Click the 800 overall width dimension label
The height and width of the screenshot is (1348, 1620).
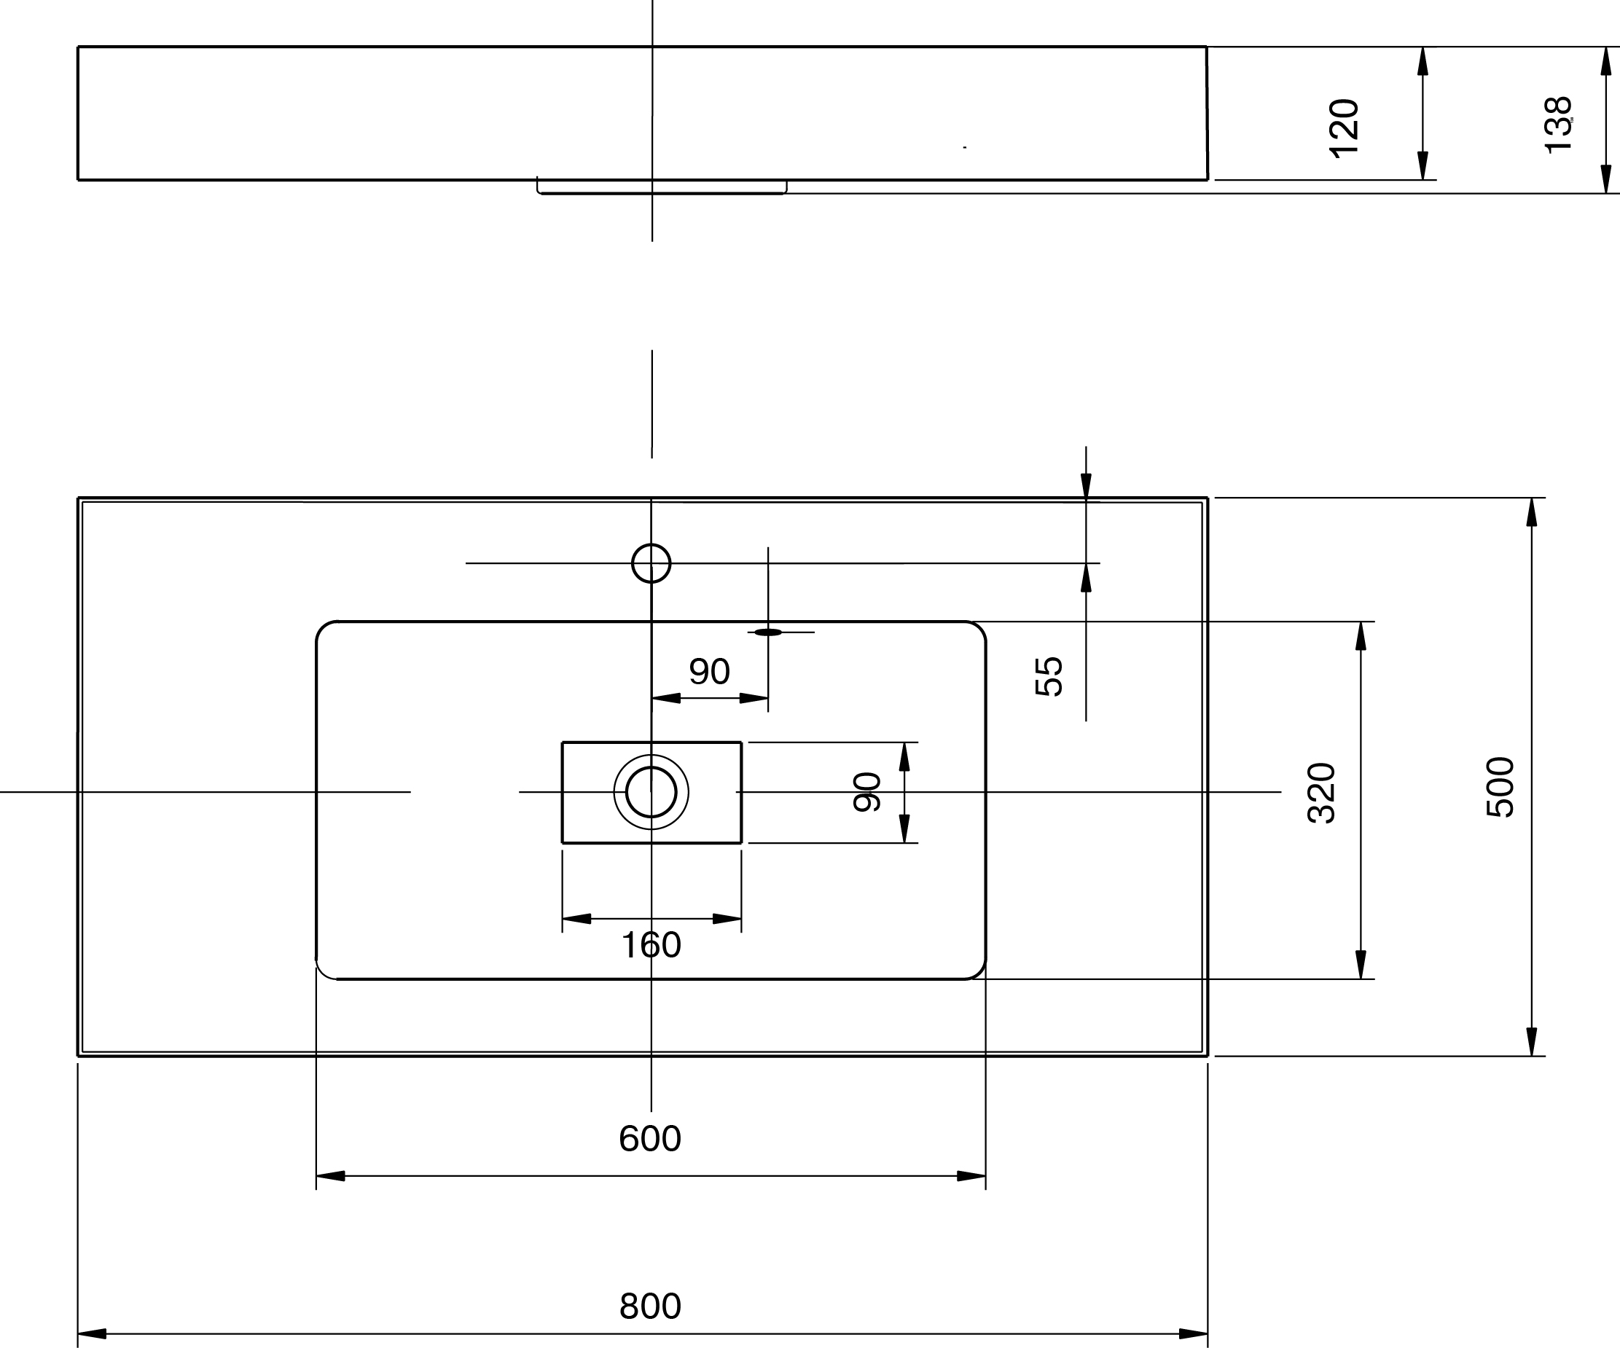(x=649, y=1306)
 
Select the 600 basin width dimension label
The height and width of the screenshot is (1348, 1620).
(x=649, y=1138)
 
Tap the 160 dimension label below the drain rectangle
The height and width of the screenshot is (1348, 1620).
(x=651, y=944)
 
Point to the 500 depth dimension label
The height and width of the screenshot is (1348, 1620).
(x=1500, y=787)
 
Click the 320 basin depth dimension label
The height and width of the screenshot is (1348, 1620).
(x=1322, y=793)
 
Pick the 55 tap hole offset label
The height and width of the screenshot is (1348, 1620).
(x=1049, y=676)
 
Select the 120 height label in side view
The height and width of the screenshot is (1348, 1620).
(x=1344, y=129)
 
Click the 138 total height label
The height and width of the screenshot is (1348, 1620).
(x=1558, y=125)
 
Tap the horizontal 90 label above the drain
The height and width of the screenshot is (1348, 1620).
(x=709, y=671)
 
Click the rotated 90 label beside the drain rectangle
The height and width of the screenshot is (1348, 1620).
(x=867, y=792)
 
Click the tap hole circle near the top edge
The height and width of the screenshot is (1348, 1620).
(x=651, y=563)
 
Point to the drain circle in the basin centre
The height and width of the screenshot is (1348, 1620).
(x=651, y=792)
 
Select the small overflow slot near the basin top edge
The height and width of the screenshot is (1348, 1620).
(x=768, y=632)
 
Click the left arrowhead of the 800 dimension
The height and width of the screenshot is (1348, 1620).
(x=91, y=1333)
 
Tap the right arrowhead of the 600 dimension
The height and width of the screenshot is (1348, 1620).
(x=972, y=1176)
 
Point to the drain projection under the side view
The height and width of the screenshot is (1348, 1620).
(x=662, y=187)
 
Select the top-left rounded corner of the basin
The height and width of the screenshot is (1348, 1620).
(x=325, y=630)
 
